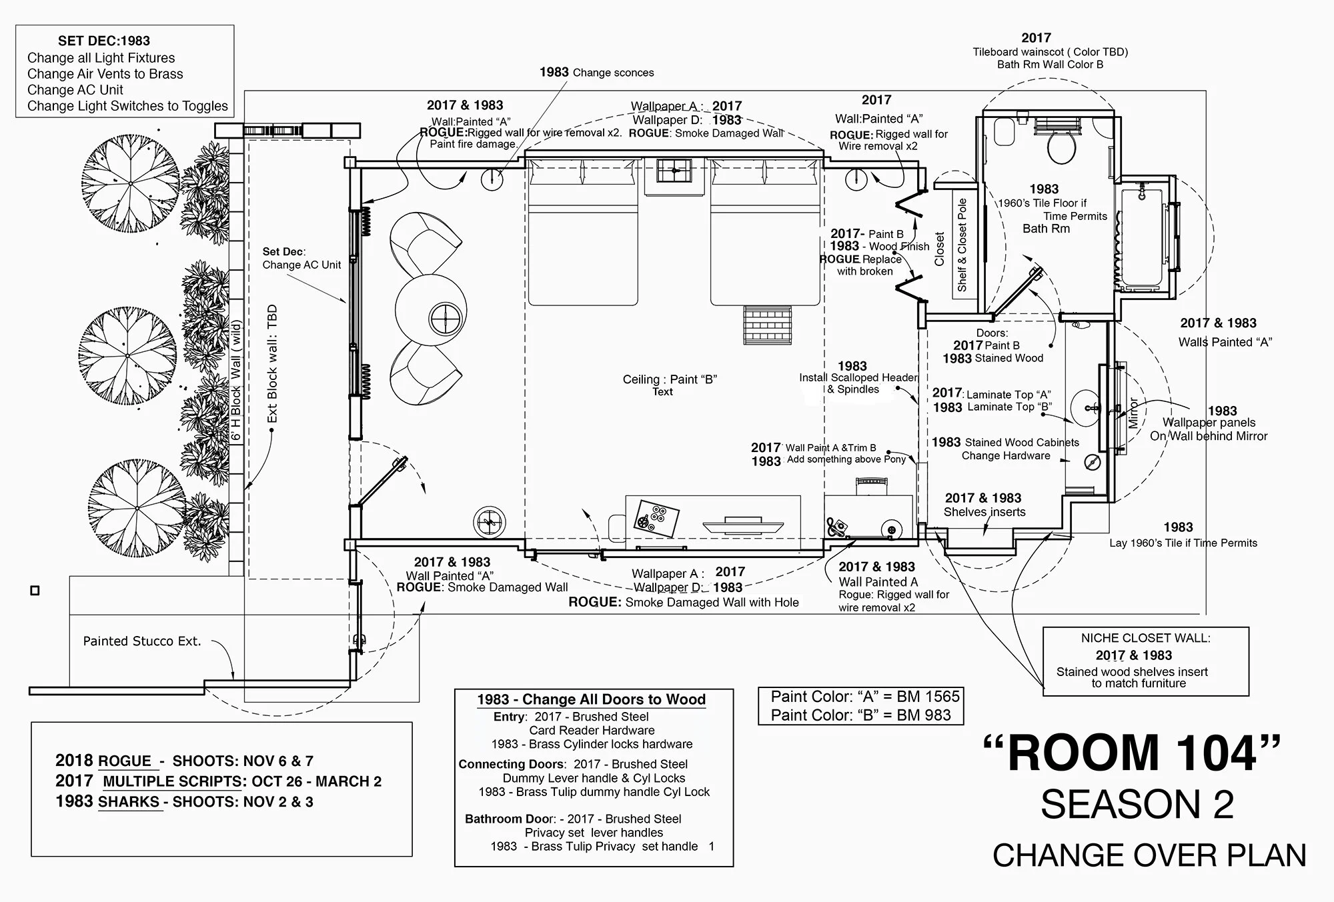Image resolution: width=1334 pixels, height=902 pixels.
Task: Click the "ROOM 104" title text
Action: point(1132,753)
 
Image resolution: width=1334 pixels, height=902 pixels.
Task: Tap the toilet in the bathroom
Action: point(1061,144)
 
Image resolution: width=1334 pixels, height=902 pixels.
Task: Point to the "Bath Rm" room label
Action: point(1046,229)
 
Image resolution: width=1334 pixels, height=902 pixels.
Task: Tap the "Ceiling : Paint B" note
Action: point(669,379)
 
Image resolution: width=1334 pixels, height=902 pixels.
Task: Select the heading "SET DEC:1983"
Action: point(104,41)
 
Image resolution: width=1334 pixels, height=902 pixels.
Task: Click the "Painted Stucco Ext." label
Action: point(141,641)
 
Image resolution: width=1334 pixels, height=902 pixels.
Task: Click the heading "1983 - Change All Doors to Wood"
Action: point(591,699)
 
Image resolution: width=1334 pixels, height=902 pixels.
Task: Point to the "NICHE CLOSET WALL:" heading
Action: point(1145,638)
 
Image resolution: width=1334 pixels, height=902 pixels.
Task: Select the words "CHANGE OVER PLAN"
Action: point(1149,856)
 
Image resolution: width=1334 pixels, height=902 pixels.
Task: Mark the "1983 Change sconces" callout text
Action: point(596,73)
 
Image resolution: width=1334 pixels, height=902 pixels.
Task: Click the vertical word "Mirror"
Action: point(1133,413)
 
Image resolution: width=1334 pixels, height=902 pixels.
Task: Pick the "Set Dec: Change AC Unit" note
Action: point(301,258)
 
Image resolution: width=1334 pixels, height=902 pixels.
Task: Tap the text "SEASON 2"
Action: point(1137,805)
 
